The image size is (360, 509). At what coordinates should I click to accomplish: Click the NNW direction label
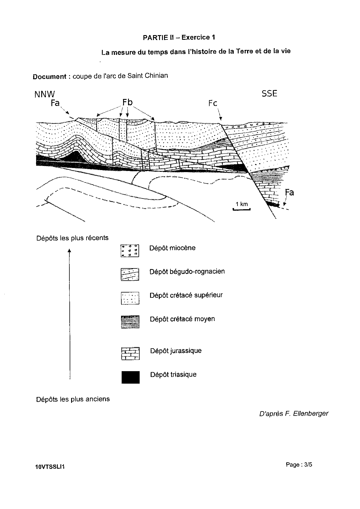pyautogui.click(x=44, y=94)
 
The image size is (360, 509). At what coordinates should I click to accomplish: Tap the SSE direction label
pyautogui.click(x=269, y=93)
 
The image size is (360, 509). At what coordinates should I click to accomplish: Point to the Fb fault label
pyautogui.click(x=127, y=102)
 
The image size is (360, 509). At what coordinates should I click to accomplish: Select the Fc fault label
pyautogui.click(x=213, y=103)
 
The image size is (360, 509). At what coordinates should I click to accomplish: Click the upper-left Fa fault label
pyautogui.click(x=55, y=103)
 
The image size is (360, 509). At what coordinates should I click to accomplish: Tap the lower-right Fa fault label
pyautogui.click(x=289, y=192)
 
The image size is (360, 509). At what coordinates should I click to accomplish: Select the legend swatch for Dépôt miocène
pyautogui.click(x=130, y=251)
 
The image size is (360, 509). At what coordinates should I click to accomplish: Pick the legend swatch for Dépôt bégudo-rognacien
pyautogui.click(x=130, y=274)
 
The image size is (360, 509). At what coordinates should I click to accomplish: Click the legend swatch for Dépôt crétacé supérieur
pyautogui.click(x=130, y=298)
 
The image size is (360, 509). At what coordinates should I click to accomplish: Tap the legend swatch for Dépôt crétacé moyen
pyautogui.click(x=130, y=322)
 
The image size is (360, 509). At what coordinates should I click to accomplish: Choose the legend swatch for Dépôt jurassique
pyautogui.click(x=130, y=353)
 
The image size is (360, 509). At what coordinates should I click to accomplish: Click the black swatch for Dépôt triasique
pyautogui.click(x=131, y=377)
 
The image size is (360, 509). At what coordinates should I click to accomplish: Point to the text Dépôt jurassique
pyautogui.click(x=176, y=351)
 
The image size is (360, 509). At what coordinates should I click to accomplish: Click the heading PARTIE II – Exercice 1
pyautogui.click(x=179, y=37)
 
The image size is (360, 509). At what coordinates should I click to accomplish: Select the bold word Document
pyautogui.click(x=50, y=77)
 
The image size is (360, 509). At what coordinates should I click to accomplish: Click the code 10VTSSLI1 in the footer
pyautogui.click(x=49, y=467)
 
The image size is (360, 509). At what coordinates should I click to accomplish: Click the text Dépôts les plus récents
pyautogui.click(x=72, y=238)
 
